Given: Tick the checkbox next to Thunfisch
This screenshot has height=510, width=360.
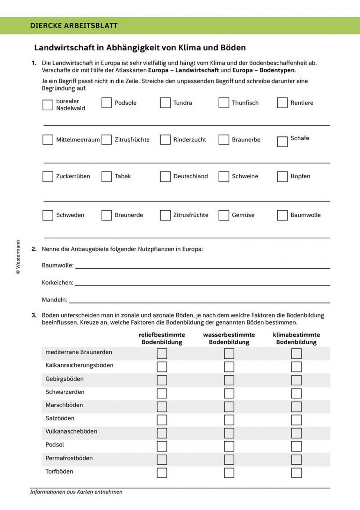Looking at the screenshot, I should pos(224,103).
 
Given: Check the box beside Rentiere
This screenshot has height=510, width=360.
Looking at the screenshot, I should pos(282,103).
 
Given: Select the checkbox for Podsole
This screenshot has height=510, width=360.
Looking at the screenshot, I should pos(107,103).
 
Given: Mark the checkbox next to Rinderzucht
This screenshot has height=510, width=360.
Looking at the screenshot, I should pos(165,140).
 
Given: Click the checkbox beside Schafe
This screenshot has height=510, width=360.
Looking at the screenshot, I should pos(282,142).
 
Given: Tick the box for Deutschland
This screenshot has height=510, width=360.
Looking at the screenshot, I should pos(165,176).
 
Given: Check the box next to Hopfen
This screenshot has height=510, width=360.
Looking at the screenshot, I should pos(282,176).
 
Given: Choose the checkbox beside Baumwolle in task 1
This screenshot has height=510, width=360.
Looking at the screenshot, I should pos(282,215).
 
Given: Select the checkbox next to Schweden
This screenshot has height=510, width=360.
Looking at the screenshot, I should pos(48,215).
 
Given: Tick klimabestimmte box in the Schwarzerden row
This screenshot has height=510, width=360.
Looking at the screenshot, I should pos(296,393).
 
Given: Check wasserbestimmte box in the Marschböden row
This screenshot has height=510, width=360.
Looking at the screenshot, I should pos(229,407).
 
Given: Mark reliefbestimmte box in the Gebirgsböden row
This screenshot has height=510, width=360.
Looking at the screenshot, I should pos(162,380).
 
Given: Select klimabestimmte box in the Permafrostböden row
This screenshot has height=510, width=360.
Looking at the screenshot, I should pos(296,460).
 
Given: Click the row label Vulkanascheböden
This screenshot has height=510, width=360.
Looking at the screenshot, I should pos(71,431).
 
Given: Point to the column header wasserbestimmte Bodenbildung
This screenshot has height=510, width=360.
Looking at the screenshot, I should pos(229,338).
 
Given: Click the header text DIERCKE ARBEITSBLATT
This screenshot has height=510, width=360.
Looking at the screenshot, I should pos(74,26).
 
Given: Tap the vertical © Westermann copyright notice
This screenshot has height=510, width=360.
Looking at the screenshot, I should pos(18,257).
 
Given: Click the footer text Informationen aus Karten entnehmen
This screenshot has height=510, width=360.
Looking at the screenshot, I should pos(76,492).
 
